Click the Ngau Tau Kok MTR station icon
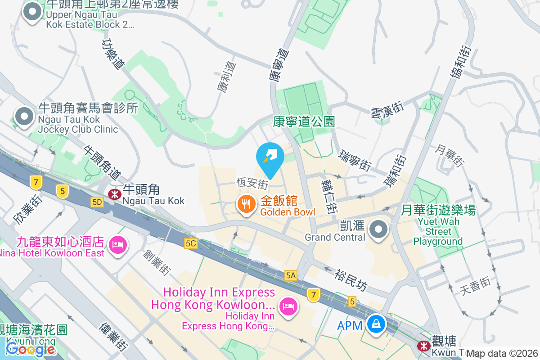[114, 194]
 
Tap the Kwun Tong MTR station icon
[423, 346]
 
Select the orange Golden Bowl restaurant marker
[246, 205]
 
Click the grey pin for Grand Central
[378, 229]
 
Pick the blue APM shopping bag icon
[375, 323]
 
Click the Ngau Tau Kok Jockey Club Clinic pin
[24, 116]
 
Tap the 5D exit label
[97, 202]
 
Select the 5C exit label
[191, 243]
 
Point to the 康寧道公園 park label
[305, 121]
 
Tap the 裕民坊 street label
[351, 279]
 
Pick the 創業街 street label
[157, 262]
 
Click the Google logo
[31, 349]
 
